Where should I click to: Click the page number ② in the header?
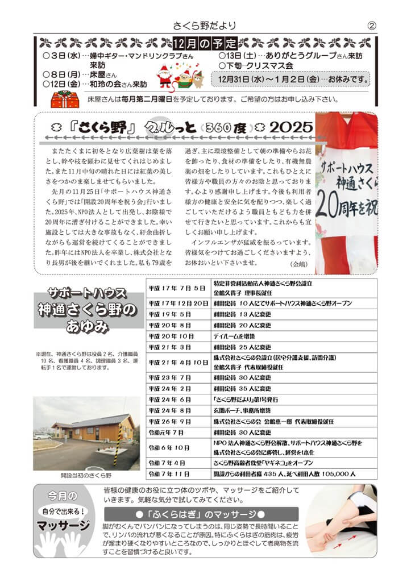(372, 26)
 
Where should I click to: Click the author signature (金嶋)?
(298, 265)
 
